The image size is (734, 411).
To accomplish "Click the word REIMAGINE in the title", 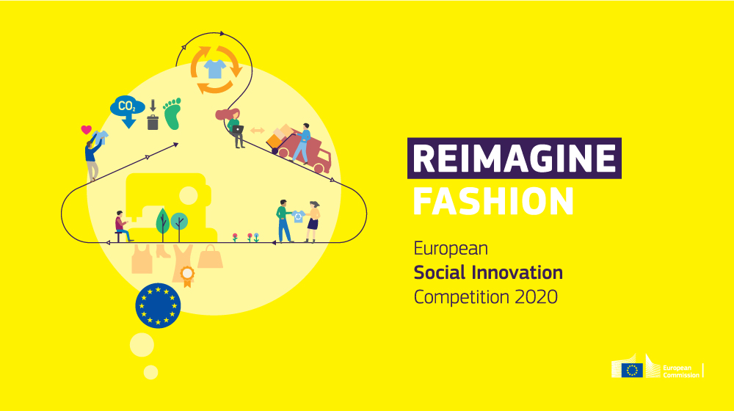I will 514,159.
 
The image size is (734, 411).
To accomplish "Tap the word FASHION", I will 493,200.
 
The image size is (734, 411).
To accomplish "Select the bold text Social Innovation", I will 488,273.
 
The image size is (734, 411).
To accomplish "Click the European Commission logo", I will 657,369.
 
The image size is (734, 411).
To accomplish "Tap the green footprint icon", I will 172,114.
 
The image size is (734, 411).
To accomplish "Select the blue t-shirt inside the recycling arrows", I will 215,69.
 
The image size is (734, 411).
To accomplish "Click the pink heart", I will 86,130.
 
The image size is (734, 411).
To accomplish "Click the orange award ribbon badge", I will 188,277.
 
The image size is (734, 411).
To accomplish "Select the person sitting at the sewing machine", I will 122,226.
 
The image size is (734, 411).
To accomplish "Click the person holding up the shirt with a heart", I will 93,154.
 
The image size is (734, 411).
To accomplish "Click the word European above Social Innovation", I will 451,248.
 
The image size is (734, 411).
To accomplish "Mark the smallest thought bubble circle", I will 150,372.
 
